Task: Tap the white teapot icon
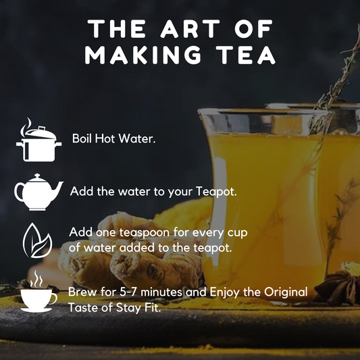pyautogui.click(x=38, y=192)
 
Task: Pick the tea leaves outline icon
pyautogui.click(x=37, y=240)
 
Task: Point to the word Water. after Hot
pyautogui.click(x=137, y=138)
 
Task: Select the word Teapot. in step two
pyautogui.click(x=216, y=191)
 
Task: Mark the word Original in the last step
pyautogui.click(x=286, y=292)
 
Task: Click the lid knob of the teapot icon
pyautogui.click(x=37, y=176)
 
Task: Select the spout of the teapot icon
pyautogui.click(x=57, y=188)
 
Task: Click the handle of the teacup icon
pyautogui.click(x=53, y=299)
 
